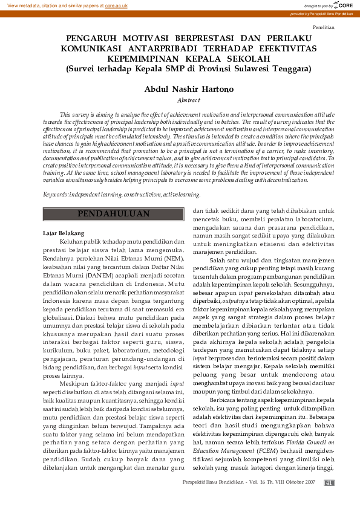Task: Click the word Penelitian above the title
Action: click(323, 28)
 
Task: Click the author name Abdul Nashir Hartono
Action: click(180, 89)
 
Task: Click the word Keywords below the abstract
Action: click(55, 178)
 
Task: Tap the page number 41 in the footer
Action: click(329, 482)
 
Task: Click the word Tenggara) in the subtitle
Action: click(288, 68)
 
